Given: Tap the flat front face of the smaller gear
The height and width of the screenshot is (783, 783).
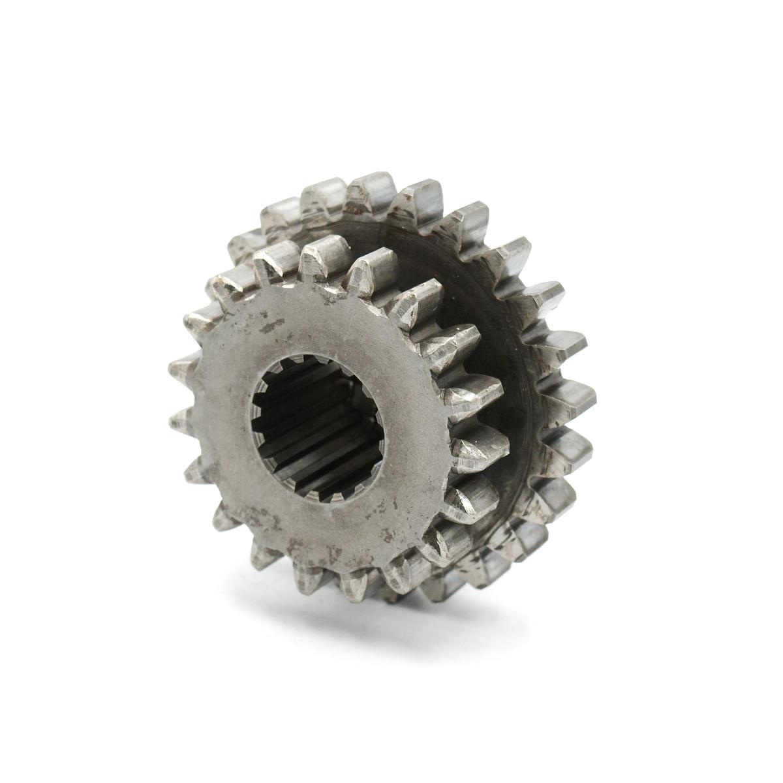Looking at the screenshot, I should [365, 339].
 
